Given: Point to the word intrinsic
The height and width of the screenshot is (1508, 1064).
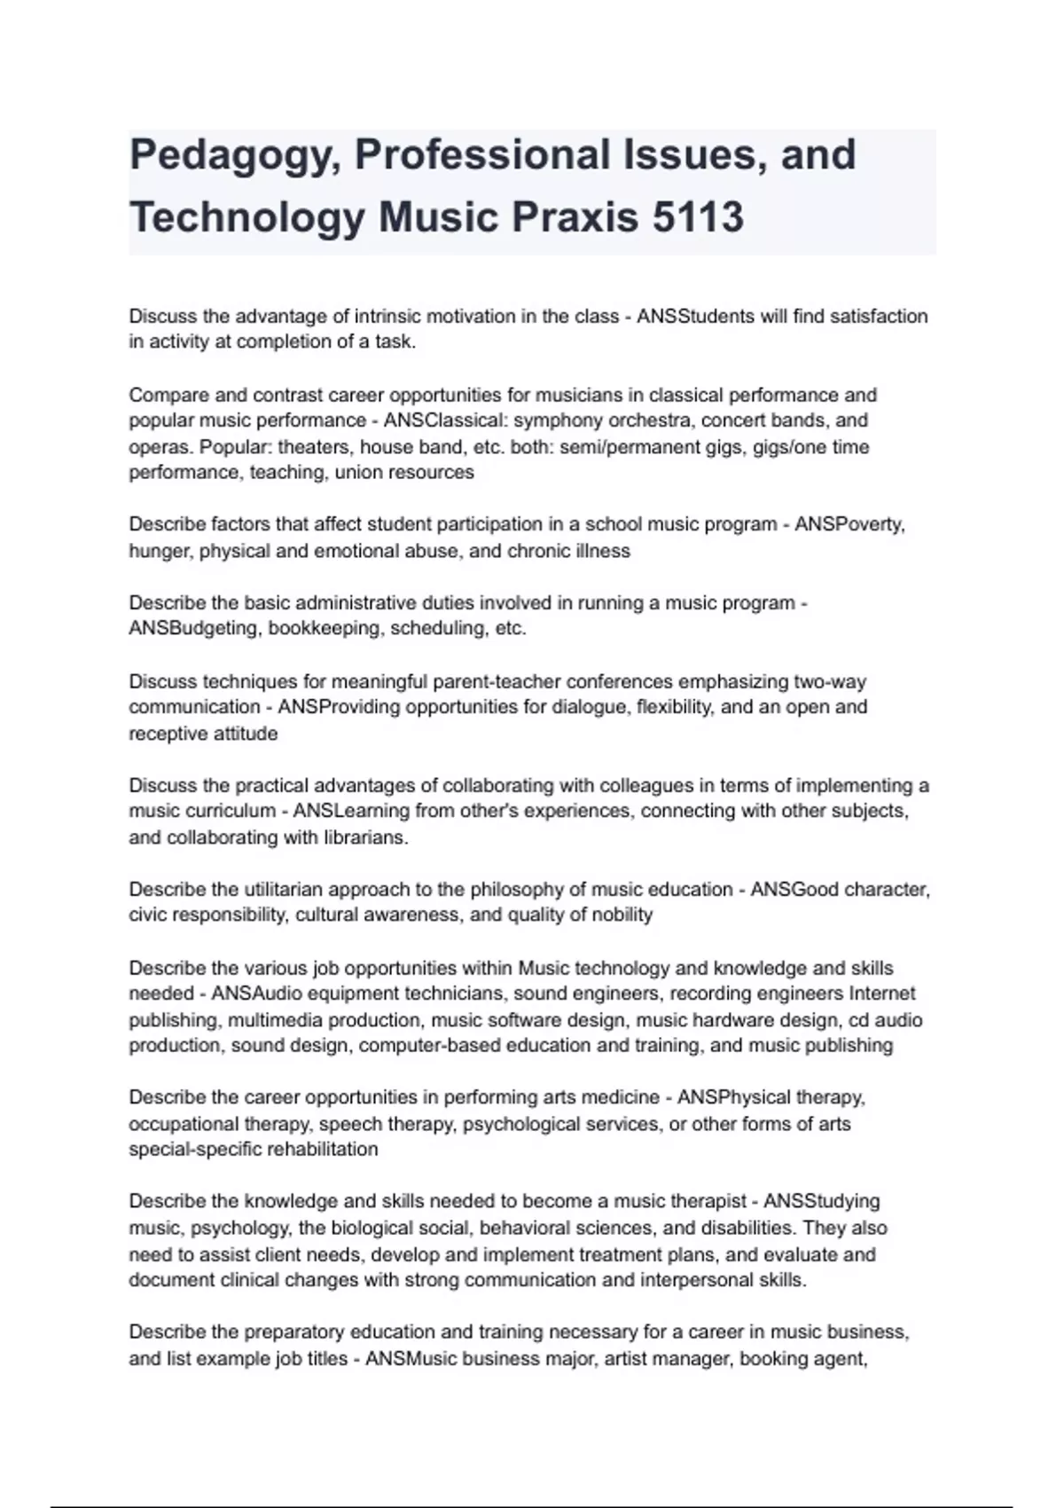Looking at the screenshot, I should coord(392,317).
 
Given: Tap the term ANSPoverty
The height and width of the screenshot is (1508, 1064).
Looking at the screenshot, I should coord(849,524).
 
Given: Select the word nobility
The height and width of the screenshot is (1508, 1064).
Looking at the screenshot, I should coord(618,915).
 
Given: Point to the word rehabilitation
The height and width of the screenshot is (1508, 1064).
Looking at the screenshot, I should coord(318,1151).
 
